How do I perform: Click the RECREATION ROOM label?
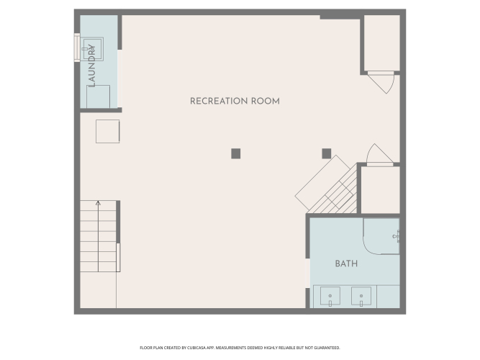pyautogui.click(x=235, y=101)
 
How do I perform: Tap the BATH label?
pyautogui.click(x=346, y=264)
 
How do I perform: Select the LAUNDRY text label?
pyautogui.click(x=91, y=66)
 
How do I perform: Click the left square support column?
pyautogui.click(x=236, y=153)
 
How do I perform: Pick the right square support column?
pyautogui.click(x=326, y=153)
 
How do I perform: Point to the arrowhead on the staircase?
pyautogui.click(x=98, y=203)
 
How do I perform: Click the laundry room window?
pyautogui.click(x=77, y=48)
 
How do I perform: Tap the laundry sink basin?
pyautogui.click(x=92, y=49)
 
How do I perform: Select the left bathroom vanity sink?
pyautogui.click(x=330, y=296)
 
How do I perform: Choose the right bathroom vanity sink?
pyautogui.click(x=361, y=296)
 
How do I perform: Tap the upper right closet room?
pyautogui.click(x=381, y=43)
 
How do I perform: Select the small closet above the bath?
pyautogui.click(x=381, y=189)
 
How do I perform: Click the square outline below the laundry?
pyautogui.click(x=107, y=132)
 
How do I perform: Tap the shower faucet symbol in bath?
pyautogui.click(x=396, y=236)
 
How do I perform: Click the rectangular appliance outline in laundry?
pyautogui.click(x=99, y=96)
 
